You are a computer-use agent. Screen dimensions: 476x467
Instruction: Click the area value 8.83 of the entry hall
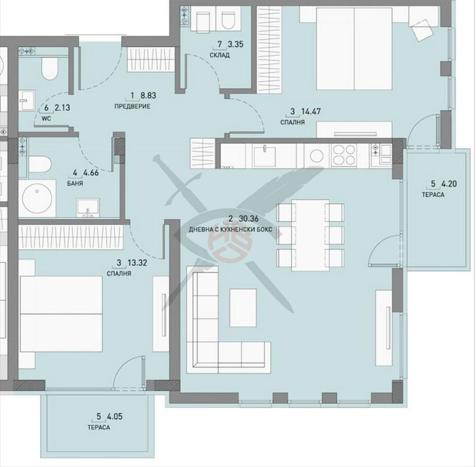tap(148, 96)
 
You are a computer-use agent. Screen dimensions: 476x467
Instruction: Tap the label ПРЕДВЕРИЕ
tap(132, 106)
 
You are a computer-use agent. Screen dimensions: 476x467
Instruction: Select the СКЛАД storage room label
tap(219, 55)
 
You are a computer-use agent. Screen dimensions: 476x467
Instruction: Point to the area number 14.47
tap(311, 111)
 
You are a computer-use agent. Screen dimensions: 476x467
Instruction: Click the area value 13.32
tap(137, 263)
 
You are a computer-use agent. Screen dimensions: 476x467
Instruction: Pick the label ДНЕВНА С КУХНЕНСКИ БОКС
tap(230, 230)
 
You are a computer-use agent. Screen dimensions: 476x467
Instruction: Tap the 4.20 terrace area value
tap(449, 184)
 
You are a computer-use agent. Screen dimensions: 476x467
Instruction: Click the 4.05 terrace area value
tap(115, 417)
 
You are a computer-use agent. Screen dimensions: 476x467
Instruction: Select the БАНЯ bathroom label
tap(75, 184)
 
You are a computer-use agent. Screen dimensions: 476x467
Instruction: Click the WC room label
tap(46, 119)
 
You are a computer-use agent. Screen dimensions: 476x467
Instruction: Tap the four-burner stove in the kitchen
tap(344, 155)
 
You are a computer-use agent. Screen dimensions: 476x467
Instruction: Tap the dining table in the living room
tap(310, 235)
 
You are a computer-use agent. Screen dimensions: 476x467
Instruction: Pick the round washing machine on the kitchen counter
tap(316, 156)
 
